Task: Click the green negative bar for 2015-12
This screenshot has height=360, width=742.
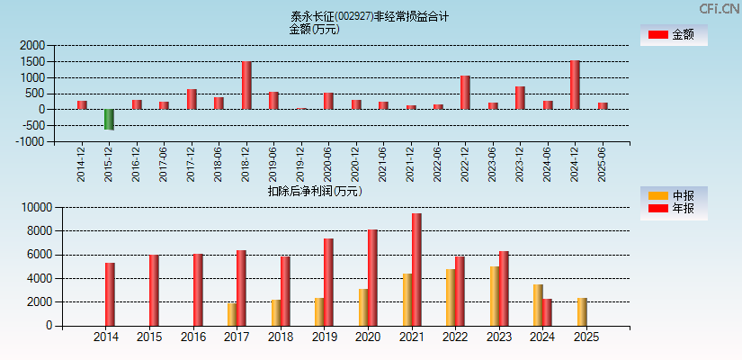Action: (x=109, y=120)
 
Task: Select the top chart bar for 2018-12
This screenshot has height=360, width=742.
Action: (x=246, y=85)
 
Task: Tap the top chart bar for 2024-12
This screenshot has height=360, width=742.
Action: (x=575, y=85)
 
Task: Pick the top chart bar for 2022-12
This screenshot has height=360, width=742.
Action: (x=465, y=93)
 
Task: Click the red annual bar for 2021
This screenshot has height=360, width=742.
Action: (x=416, y=270)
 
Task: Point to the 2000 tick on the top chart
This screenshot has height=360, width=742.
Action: (x=31, y=46)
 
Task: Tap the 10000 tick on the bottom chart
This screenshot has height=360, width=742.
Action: (x=33, y=208)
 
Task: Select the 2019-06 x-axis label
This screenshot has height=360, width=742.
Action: (x=273, y=165)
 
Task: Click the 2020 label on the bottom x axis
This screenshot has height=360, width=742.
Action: (x=368, y=337)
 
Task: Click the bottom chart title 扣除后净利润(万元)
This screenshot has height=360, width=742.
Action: (x=314, y=191)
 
